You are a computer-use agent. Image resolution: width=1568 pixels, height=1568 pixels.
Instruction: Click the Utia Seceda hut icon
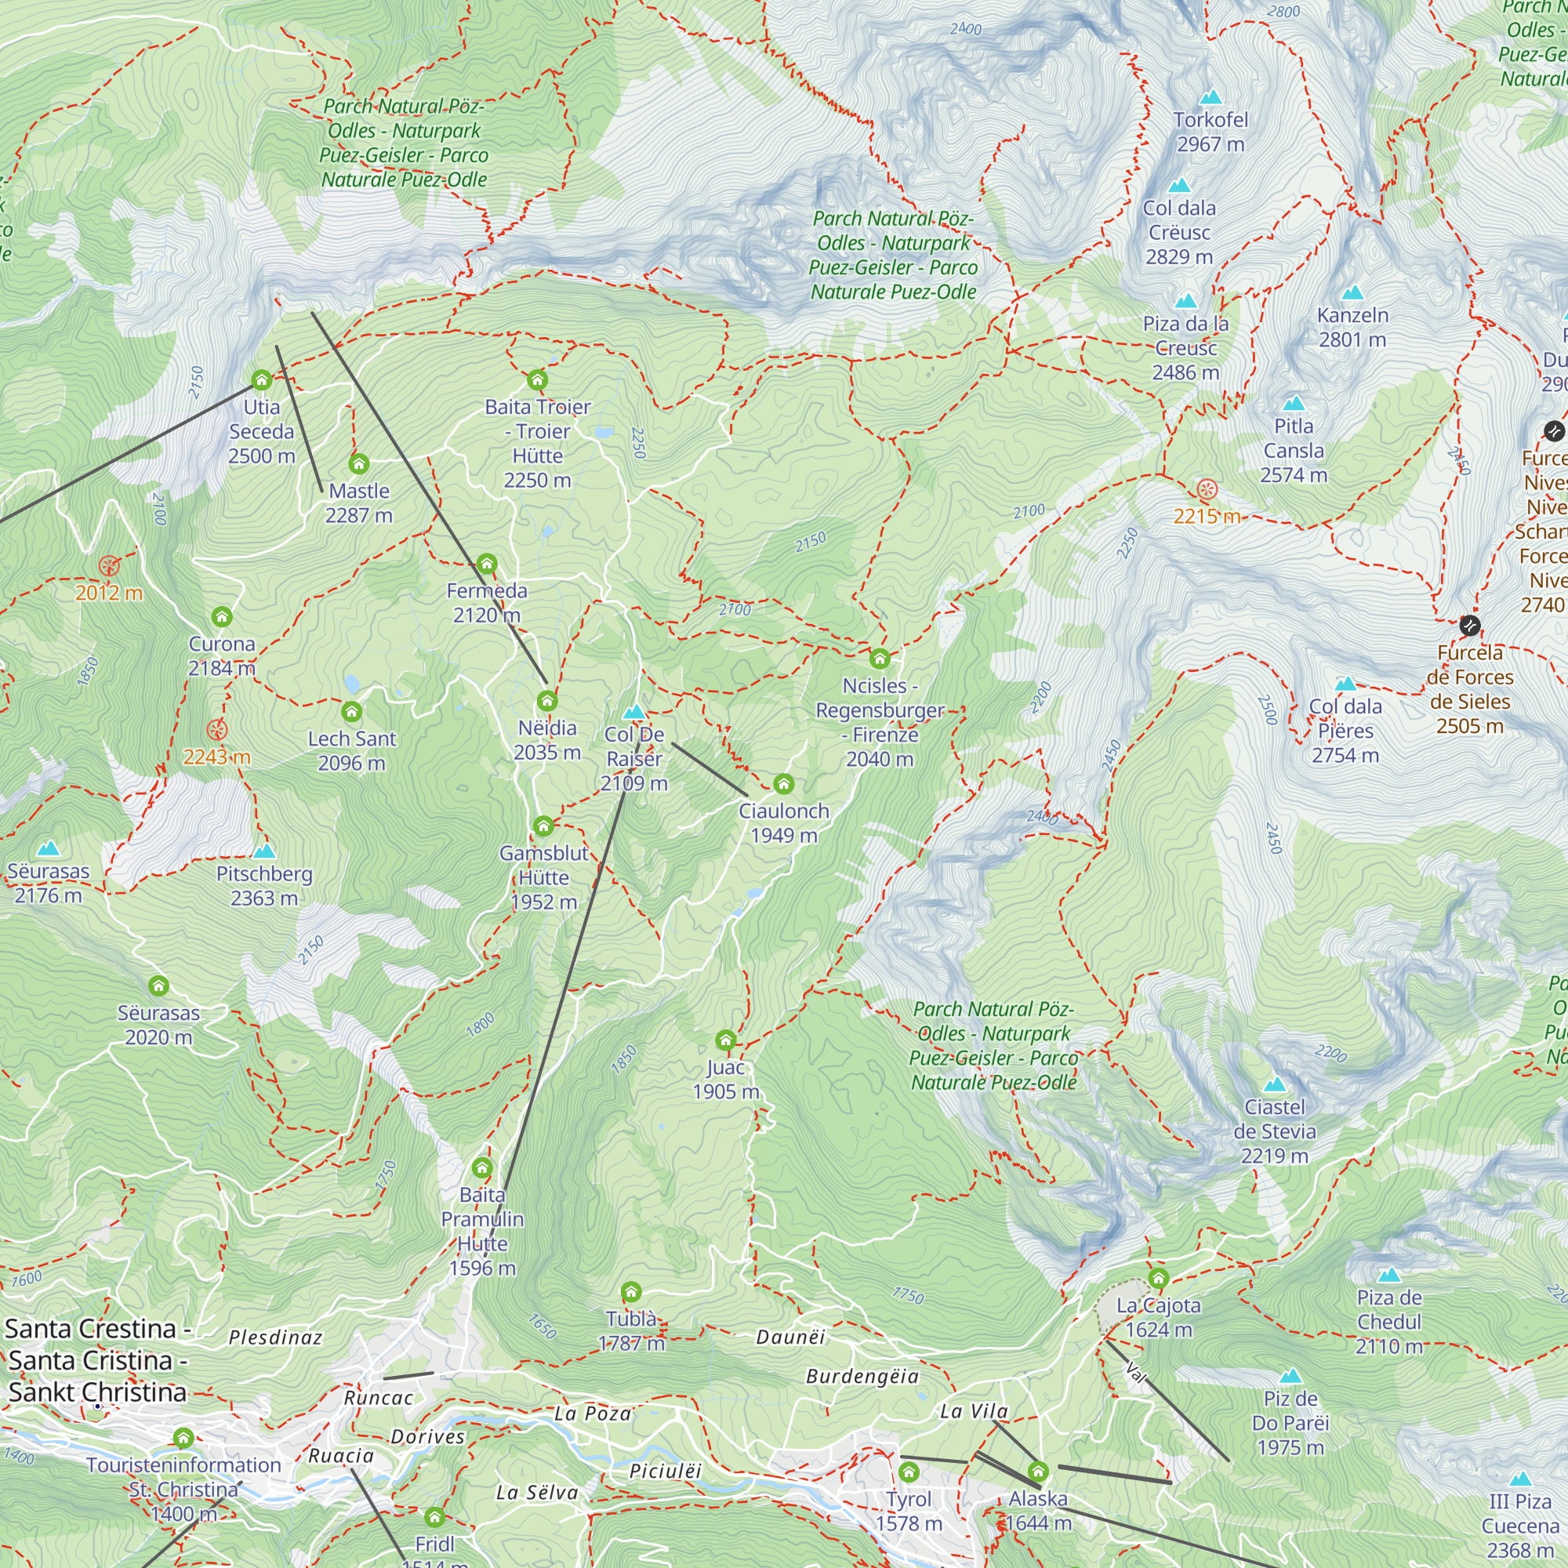pyautogui.click(x=261, y=379)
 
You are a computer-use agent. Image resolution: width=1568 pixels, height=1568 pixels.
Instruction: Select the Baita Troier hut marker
pyautogui.click(x=537, y=379)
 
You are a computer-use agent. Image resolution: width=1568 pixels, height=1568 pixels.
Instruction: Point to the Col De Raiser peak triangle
pyautogui.click(x=633, y=713)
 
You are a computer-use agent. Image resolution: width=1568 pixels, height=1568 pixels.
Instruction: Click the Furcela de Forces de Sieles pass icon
pyautogui.click(x=1470, y=625)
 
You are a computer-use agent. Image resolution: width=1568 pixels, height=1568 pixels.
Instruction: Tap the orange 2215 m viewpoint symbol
pyautogui.click(x=1207, y=489)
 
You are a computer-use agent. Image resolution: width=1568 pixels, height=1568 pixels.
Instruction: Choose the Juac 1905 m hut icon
pyautogui.click(x=725, y=1040)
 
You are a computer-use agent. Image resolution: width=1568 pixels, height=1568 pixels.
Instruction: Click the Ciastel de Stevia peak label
pyautogui.click(x=1274, y=1131)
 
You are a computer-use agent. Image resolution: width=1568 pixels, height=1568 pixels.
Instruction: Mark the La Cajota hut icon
pyautogui.click(x=1158, y=1278)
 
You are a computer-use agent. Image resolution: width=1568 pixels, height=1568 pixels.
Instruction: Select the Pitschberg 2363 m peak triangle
pyautogui.click(x=264, y=851)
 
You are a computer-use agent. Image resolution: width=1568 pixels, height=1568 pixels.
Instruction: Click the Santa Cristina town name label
pyautogui.click(x=97, y=1360)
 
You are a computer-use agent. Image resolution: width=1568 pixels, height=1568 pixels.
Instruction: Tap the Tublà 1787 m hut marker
pyautogui.click(x=631, y=1291)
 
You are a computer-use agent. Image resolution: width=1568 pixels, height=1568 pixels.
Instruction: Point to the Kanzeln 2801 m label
pyautogui.click(x=1352, y=327)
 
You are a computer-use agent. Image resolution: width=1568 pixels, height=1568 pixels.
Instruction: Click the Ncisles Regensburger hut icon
pyautogui.click(x=880, y=659)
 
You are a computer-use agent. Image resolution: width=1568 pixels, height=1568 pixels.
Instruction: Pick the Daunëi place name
pyautogui.click(x=790, y=1337)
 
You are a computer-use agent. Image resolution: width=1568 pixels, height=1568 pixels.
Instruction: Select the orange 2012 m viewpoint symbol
pyautogui.click(x=110, y=566)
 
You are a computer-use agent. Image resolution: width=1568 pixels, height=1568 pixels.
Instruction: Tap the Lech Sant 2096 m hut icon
pyautogui.click(x=351, y=712)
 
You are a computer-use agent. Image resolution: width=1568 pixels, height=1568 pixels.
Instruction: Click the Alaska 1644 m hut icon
pyautogui.click(x=1038, y=1472)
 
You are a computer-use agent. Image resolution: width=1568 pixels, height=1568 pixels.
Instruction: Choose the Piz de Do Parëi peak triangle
pyautogui.click(x=1290, y=1377)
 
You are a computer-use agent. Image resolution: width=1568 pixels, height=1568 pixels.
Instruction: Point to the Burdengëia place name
pyautogui.click(x=862, y=1377)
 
